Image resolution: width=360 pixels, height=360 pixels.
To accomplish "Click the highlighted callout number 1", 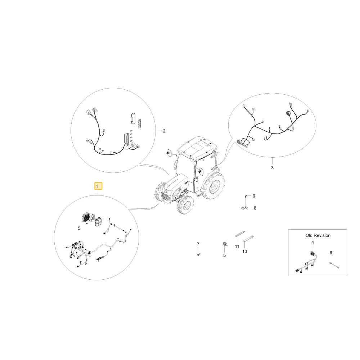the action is tap(98, 186).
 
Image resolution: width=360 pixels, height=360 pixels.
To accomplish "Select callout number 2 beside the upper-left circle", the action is tap(164, 131).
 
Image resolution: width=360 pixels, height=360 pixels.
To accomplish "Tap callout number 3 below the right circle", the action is tap(272, 168).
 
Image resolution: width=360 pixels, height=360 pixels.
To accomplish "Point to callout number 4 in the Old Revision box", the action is tap(312, 242).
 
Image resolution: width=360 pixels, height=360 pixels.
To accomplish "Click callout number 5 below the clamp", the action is tap(225, 255).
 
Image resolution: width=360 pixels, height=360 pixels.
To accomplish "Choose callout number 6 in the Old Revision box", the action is tap(331, 253).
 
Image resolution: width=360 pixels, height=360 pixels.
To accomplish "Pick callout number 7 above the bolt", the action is tap(198, 244).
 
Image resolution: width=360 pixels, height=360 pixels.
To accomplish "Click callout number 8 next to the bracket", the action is tap(255, 208).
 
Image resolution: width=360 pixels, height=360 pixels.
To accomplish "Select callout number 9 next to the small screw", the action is tap(254, 196).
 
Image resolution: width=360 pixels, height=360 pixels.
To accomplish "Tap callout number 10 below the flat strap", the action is tap(245, 252).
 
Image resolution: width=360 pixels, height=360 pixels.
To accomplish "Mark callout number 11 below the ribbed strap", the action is tap(237, 247).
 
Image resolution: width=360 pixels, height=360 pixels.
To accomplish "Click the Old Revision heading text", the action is tap(318, 235).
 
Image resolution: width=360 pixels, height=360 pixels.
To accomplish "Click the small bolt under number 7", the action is tap(198, 254).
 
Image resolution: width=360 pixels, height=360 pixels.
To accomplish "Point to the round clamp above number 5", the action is tap(225, 244).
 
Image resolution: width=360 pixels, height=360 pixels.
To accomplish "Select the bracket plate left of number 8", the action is tap(244, 208).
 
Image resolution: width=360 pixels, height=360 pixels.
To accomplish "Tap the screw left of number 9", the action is tap(246, 196).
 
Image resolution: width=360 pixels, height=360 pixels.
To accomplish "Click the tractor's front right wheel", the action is tap(185, 204).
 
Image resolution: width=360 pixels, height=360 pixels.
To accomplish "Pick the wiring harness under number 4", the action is tap(306, 262).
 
